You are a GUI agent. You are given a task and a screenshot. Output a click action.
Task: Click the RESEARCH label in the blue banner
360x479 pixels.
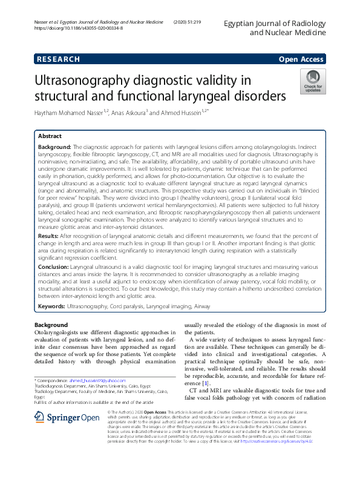point(57,59)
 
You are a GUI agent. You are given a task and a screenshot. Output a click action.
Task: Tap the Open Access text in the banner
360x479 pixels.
point(302,59)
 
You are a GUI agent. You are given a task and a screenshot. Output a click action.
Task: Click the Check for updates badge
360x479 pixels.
point(312,81)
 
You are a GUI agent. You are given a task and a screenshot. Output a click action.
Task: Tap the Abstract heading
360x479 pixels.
point(50,136)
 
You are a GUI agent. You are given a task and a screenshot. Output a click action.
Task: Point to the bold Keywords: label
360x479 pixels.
point(52,307)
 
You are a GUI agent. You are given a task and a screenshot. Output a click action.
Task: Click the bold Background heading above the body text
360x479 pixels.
point(51,325)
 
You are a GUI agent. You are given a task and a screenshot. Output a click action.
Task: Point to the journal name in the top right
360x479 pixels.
point(273,27)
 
